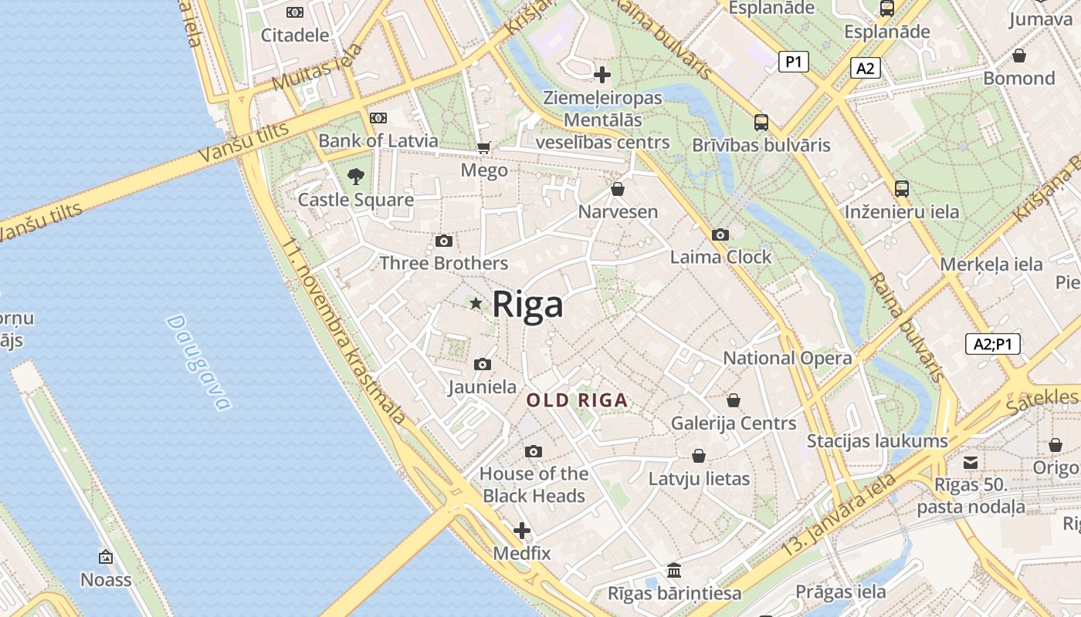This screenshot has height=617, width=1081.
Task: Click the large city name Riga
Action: [x=527, y=305]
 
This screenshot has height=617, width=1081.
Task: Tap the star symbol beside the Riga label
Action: [x=476, y=304]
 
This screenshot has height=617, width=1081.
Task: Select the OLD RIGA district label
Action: [x=577, y=401]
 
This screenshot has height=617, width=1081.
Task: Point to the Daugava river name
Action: [x=198, y=362]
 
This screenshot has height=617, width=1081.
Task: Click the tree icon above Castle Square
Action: [x=355, y=177]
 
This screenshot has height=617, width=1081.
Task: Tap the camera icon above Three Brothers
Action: [x=443, y=241]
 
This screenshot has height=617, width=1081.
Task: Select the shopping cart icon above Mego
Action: [x=484, y=147]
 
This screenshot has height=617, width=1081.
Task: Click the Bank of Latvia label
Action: [x=378, y=141]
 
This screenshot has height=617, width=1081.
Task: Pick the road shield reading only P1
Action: [x=793, y=62]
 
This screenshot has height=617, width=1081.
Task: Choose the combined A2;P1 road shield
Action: [x=992, y=344]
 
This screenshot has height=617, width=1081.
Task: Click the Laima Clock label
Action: [x=720, y=257]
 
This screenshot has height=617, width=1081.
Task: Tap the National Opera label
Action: [x=788, y=358]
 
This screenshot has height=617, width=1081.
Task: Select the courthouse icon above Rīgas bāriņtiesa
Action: [x=674, y=571]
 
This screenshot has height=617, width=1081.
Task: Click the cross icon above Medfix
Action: [x=522, y=531]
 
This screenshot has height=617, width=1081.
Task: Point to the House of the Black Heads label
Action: [x=534, y=484]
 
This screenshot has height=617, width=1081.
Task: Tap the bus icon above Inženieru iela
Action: [x=901, y=189]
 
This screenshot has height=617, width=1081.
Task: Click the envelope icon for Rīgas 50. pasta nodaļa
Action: [x=971, y=463]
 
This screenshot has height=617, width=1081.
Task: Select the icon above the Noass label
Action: [x=106, y=557]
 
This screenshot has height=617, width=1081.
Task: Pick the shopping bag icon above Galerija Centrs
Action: [x=733, y=400]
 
